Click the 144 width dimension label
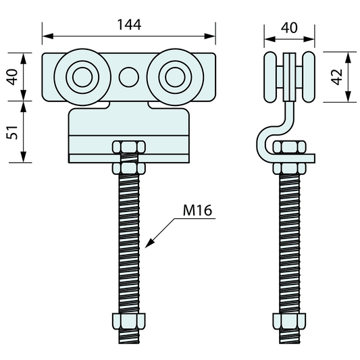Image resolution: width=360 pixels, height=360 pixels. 129,25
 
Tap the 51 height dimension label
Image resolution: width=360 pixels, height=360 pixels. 12,132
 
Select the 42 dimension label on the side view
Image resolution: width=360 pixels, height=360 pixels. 337,77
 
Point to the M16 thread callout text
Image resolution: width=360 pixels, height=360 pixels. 197,210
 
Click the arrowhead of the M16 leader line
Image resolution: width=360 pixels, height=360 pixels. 149,244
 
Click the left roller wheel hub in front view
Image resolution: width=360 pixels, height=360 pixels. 82,77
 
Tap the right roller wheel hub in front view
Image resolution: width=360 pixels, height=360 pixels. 175,77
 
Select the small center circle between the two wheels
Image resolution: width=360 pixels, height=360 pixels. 129,77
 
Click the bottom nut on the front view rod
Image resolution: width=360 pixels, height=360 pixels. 129,321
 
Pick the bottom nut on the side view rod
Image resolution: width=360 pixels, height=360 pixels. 290,321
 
